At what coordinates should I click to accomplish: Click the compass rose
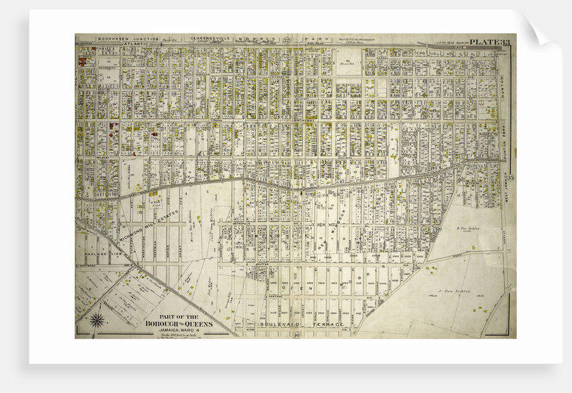(x=98, y=321)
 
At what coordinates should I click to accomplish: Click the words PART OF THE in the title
(x=178, y=316)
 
